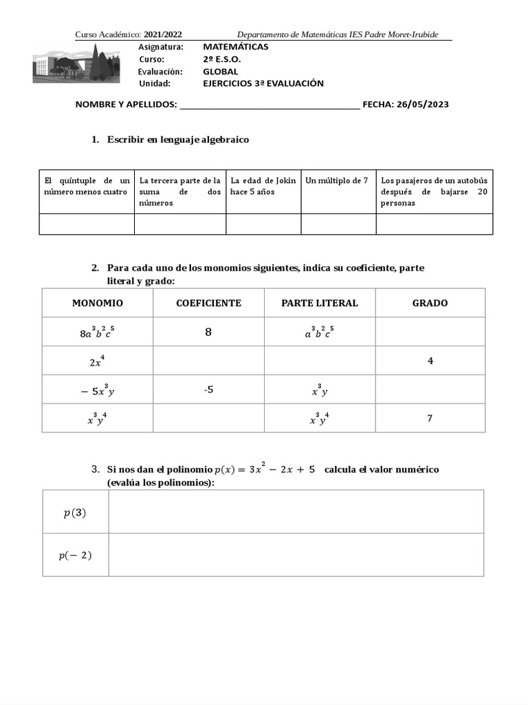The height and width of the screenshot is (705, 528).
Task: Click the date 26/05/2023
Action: click(423, 105)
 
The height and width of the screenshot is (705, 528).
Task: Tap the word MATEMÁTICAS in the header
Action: click(236, 47)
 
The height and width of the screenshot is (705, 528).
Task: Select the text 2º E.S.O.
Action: click(222, 59)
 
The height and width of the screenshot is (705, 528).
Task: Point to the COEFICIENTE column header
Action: click(208, 303)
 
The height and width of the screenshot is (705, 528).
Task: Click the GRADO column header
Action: click(430, 303)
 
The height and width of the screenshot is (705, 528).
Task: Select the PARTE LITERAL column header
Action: click(320, 303)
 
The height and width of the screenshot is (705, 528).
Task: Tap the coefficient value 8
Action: click(208, 333)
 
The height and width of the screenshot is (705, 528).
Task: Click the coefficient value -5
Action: click(208, 390)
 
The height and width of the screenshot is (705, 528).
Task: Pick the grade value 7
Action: click(430, 418)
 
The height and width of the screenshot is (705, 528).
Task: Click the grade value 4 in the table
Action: click(430, 361)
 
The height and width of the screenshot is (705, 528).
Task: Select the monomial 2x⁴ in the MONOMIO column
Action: click(97, 361)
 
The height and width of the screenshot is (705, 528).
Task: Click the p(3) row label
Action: click(75, 513)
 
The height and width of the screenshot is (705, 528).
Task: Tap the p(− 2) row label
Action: click(75, 555)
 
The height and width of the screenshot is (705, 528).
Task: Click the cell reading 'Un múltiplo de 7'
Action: click(337, 180)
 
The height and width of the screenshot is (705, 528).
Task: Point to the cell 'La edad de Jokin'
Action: click(263, 186)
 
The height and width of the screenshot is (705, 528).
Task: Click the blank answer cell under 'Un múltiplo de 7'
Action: click(338, 224)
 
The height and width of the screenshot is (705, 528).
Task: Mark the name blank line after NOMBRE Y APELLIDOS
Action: click(268, 105)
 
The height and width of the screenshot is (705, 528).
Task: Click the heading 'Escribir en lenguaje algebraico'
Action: click(177, 140)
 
